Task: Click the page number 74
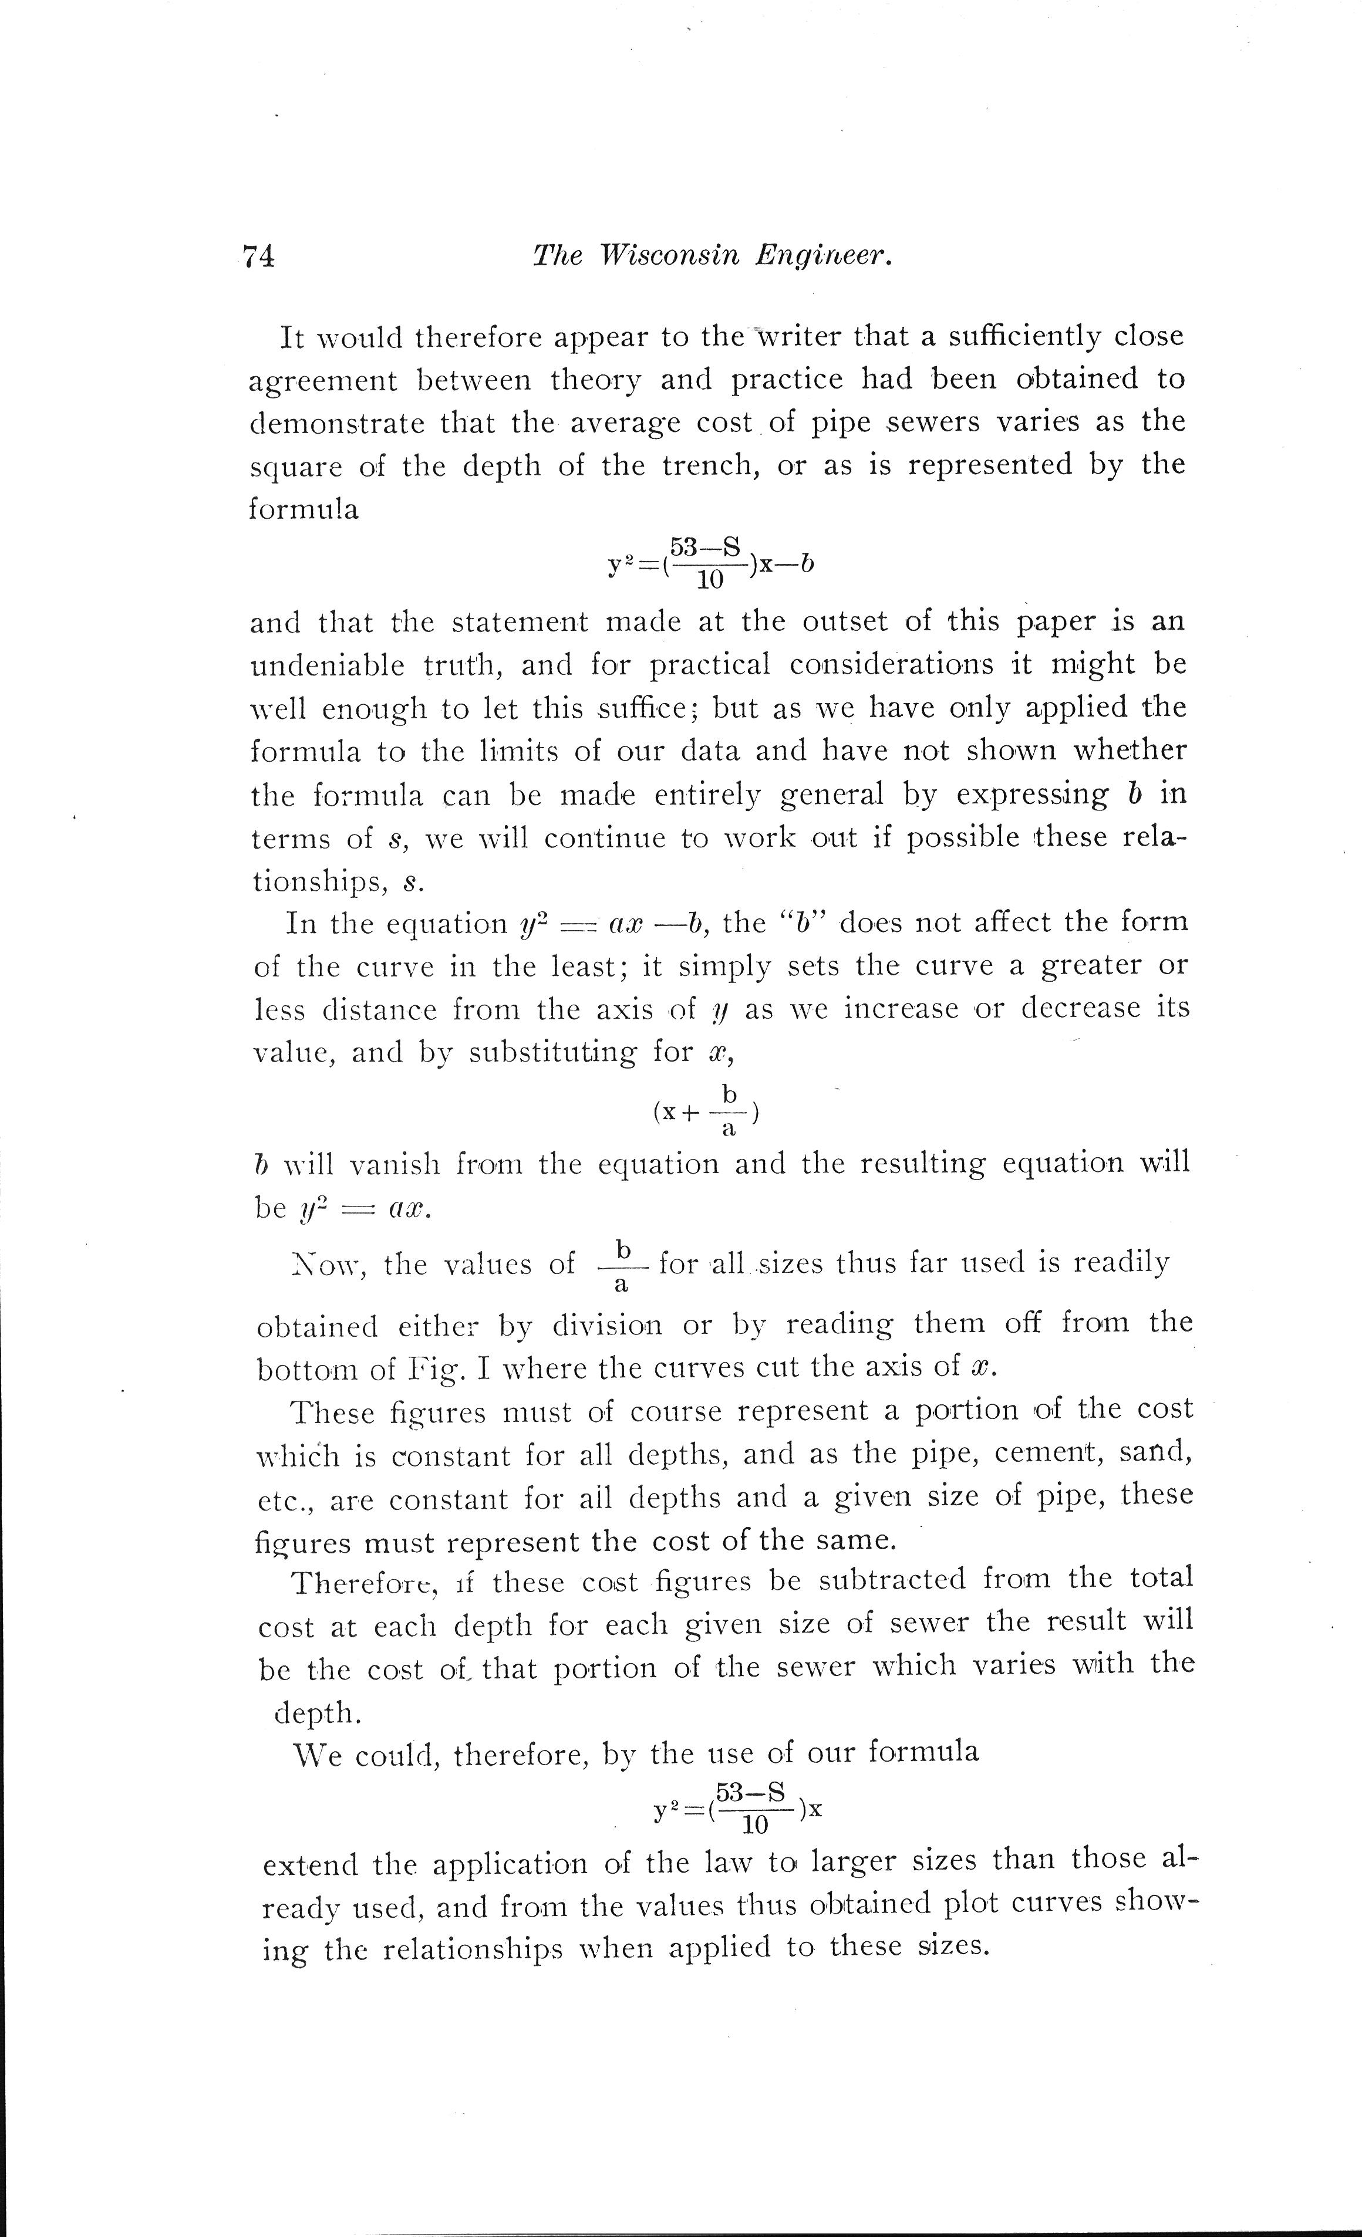click(258, 257)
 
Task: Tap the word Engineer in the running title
click(824, 257)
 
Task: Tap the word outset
click(846, 622)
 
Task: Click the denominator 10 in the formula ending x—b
click(709, 581)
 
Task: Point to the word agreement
click(323, 381)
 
